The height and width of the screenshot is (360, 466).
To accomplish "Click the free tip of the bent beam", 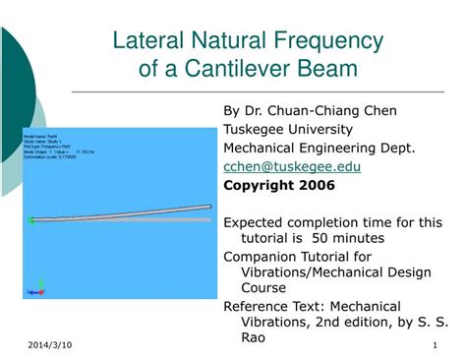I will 208,207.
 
